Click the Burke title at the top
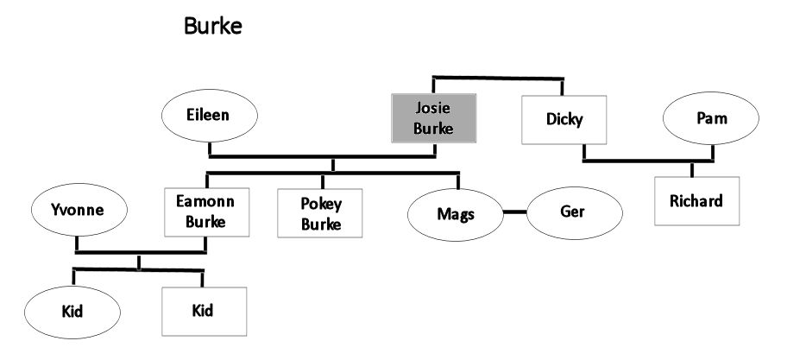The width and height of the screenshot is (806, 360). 213,26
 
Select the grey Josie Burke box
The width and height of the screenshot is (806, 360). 432,119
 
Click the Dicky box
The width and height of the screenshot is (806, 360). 564,119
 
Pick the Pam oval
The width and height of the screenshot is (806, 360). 711,118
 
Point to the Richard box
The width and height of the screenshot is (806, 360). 696,201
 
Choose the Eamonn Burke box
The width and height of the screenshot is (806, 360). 206,212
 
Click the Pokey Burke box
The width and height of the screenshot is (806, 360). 320,212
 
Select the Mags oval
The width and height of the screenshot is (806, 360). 455,212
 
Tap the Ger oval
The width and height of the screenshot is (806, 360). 573,211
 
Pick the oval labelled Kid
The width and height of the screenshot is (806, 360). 72,310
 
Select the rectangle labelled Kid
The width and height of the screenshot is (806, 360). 203,310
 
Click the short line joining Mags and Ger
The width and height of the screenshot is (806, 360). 514,212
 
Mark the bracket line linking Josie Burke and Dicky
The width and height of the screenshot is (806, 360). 497,79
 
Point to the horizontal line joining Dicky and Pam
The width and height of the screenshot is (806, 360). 647,161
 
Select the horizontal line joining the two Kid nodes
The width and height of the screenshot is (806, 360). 138,270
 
